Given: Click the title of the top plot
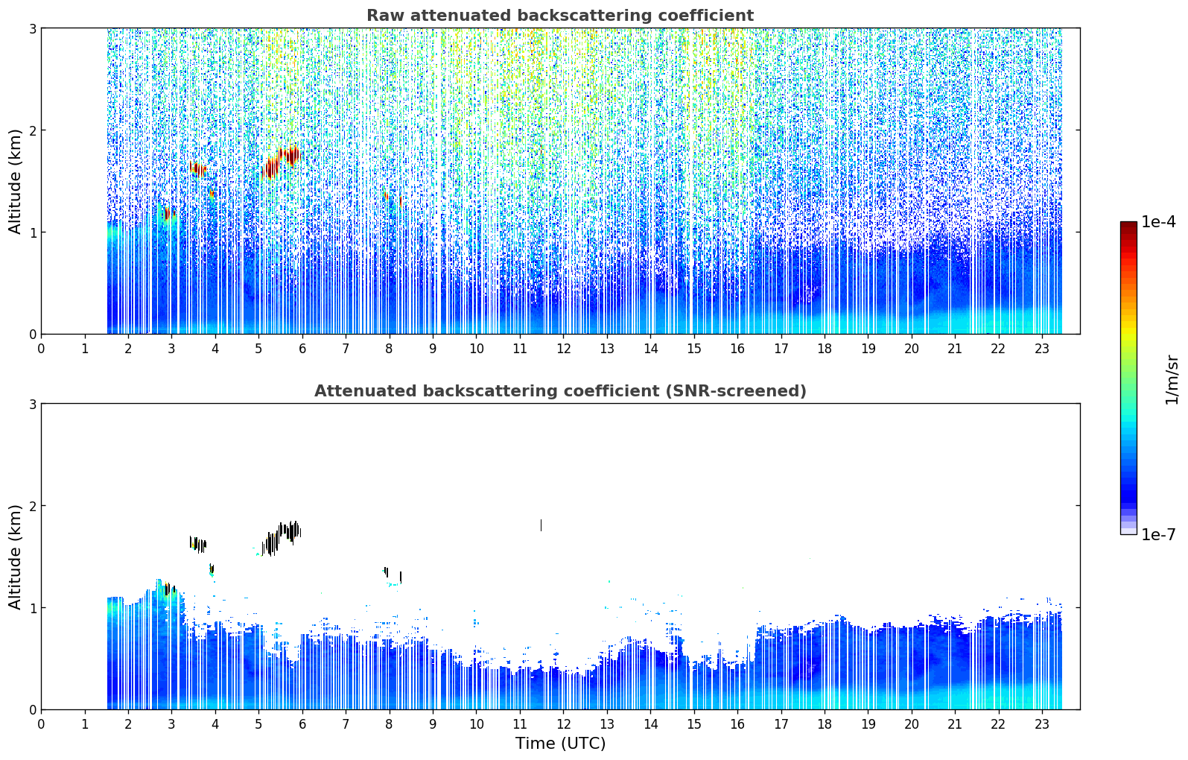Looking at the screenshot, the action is click(560, 16).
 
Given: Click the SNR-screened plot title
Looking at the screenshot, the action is click(560, 390).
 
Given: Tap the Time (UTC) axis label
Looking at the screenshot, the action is click(560, 743).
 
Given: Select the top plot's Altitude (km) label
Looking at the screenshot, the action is click(15, 181).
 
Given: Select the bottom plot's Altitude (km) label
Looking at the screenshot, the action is click(15, 557).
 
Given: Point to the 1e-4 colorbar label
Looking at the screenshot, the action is click(1158, 221).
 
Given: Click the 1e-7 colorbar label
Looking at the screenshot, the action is click(1158, 534).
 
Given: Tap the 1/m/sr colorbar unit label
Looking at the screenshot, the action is click(1172, 380).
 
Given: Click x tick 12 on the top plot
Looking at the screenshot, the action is click(563, 349).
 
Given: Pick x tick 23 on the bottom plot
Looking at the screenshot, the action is click(1042, 724).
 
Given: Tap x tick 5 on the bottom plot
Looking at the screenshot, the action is click(258, 724).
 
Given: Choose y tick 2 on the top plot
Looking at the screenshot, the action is click(32, 130).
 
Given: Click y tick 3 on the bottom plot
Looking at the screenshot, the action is click(32, 404).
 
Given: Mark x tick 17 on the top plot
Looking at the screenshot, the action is click(781, 349).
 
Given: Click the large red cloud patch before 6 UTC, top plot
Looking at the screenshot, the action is click(281, 162).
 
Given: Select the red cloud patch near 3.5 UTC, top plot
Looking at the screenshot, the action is click(198, 169).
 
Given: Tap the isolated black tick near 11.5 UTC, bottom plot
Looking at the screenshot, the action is click(541, 525).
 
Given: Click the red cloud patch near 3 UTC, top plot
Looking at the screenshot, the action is click(168, 214).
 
